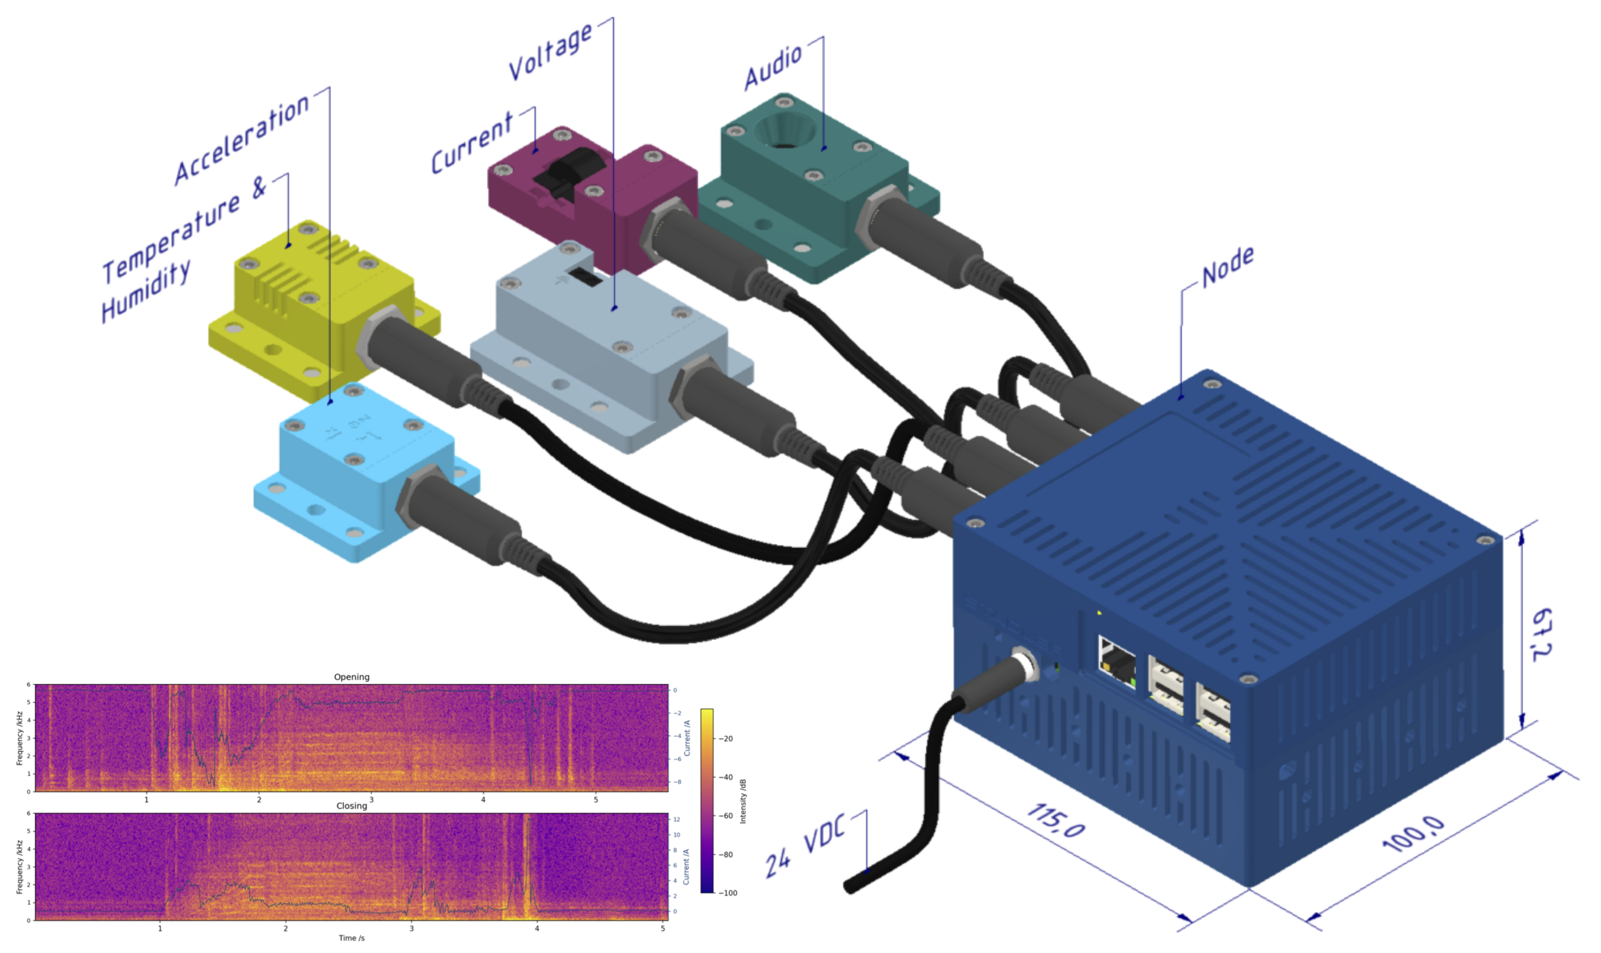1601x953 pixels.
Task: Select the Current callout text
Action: pos(472,143)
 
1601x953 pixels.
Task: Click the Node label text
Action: pos(1227,266)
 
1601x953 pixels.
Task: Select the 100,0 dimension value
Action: pos(1413,834)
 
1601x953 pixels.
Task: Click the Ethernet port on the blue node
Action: pos(1116,662)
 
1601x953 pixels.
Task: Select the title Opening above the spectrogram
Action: pos(351,677)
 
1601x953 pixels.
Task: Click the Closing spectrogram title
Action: pos(351,806)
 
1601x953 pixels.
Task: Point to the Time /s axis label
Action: pos(351,938)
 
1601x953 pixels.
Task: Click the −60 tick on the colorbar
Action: pos(724,815)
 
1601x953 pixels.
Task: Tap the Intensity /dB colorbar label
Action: pos(743,801)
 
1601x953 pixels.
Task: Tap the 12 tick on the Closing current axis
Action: pos(676,819)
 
